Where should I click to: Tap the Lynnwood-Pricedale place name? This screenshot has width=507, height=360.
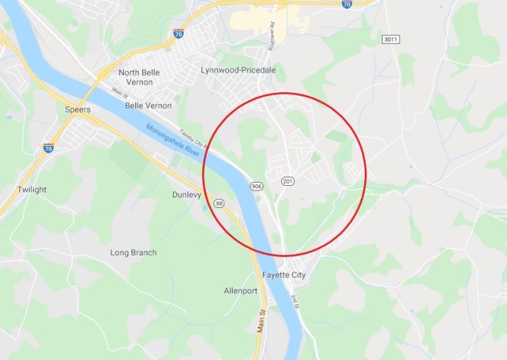237,69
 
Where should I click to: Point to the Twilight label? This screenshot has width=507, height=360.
32,190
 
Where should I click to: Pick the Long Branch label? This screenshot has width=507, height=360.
133,253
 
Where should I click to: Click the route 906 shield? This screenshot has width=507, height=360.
256,187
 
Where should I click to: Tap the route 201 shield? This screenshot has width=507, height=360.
287,181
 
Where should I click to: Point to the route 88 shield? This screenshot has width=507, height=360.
220,203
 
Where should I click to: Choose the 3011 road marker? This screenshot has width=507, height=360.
391,38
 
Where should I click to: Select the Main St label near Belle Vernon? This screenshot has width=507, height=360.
118,94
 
